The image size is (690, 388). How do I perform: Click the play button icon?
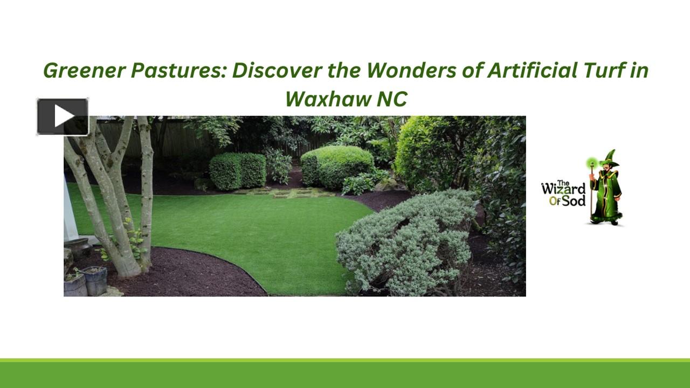click(x=63, y=116)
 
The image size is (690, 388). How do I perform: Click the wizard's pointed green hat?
click(x=610, y=160)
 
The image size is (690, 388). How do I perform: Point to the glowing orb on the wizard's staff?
click(x=593, y=163)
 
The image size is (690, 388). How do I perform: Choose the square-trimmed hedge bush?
click(x=237, y=171)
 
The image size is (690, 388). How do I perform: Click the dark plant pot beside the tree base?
click(x=95, y=281)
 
